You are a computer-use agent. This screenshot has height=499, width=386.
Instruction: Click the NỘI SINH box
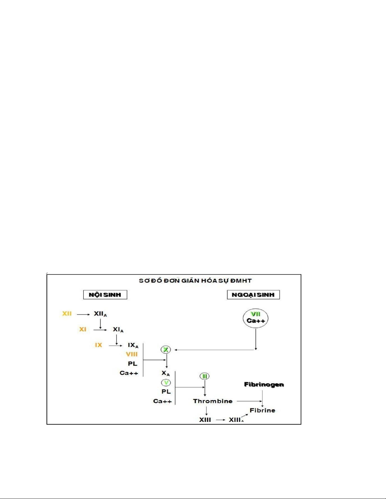[x=105, y=295]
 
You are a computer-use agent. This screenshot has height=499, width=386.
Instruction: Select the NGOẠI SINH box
[x=253, y=295]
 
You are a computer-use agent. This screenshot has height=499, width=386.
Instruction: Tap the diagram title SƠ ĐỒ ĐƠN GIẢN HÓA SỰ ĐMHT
[x=195, y=281]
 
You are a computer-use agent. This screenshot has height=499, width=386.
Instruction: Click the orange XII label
[x=67, y=314]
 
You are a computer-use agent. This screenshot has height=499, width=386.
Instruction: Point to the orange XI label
[x=83, y=329]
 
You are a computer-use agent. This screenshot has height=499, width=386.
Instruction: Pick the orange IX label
[x=99, y=345]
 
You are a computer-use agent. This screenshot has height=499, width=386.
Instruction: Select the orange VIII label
[x=132, y=354]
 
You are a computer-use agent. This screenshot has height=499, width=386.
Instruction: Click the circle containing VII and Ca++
[x=255, y=318]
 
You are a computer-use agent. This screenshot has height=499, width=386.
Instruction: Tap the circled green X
[x=165, y=349]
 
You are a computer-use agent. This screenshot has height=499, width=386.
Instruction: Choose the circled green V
[x=166, y=383]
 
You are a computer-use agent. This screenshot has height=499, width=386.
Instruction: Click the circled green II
[x=205, y=376]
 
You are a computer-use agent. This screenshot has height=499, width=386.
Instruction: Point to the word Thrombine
[x=213, y=401]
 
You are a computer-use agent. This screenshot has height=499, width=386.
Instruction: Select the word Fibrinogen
[x=264, y=384]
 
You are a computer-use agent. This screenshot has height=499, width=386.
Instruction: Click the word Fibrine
[x=262, y=410]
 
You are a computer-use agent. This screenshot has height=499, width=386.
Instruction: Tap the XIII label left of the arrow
[x=205, y=420]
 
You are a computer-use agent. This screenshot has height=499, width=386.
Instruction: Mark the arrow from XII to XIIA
[x=84, y=314]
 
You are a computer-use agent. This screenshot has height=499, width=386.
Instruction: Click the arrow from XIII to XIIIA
[x=221, y=420]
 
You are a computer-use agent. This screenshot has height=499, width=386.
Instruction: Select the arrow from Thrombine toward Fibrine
[x=249, y=401]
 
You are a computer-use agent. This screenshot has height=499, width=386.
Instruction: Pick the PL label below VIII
[x=132, y=364]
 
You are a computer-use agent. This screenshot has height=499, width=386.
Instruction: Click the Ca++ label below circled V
[x=162, y=401]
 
